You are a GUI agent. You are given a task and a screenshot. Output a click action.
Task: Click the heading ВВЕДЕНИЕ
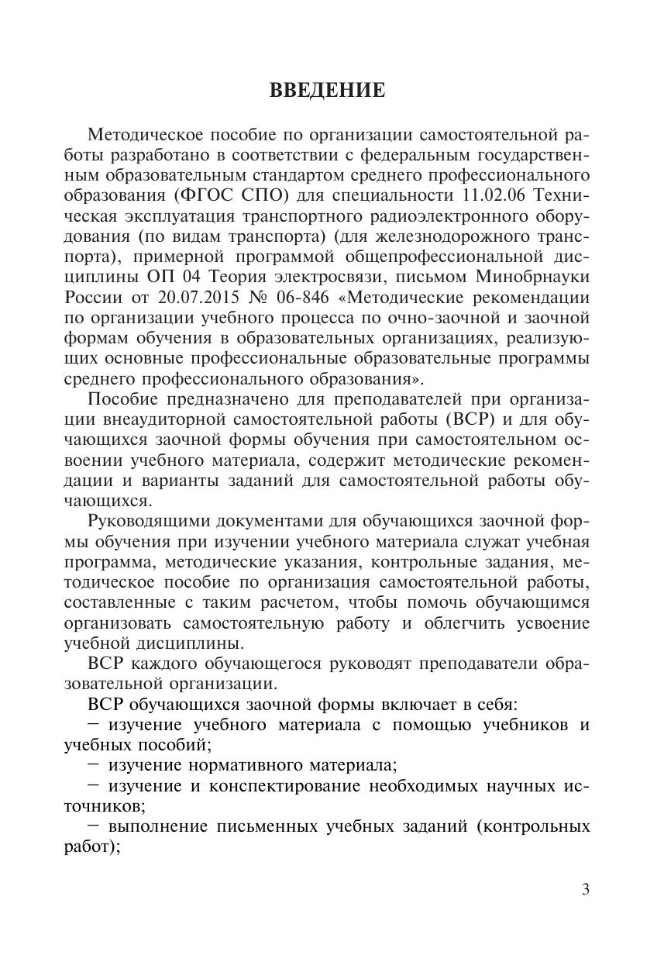coord(327,91)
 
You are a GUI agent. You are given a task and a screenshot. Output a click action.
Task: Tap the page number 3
coord(585,889)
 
